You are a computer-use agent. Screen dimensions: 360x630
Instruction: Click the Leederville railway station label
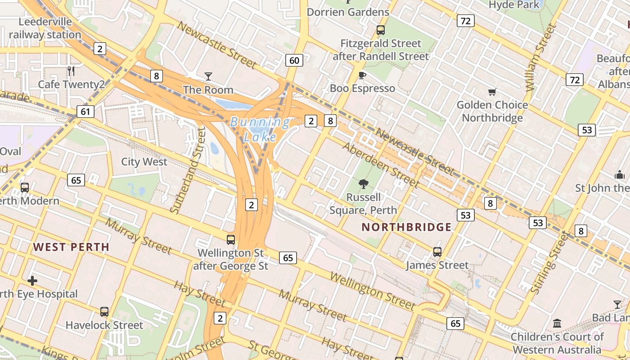click(x=45, y=28)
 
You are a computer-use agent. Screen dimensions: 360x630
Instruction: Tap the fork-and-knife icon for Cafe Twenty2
click(x=71, y=71)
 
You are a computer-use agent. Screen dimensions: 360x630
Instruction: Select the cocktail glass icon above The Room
click(x=208, y=76)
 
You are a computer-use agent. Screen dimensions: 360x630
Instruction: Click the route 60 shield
click(x=294, y=60)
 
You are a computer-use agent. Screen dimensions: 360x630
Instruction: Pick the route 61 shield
click(x=85, y=111)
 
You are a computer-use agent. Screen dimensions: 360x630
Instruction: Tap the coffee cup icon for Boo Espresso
click(x=362, y=75)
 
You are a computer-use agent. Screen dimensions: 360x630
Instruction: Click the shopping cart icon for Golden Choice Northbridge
click(x=492, y=92)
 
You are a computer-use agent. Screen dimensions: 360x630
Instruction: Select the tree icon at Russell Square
click(x=363, y=184)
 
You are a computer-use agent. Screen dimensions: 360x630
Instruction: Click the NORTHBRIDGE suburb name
click(x=406, y=227)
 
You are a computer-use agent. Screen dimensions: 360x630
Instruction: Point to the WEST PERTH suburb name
click(x=71, y=247)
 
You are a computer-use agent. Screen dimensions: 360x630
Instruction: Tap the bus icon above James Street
click(x=437, y=252)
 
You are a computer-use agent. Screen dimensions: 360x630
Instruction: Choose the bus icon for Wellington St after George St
click(x=231, y=239)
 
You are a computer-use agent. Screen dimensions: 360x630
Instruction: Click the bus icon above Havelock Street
click(x=104, y=311)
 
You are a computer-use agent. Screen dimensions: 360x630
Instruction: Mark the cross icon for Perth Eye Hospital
click(x=32, y=281)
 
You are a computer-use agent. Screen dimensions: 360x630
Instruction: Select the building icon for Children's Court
click(x=557, y=323)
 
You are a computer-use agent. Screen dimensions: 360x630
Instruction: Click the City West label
click(x=144, y=162)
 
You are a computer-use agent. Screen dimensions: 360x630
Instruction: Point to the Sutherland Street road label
click(x=189, y=170)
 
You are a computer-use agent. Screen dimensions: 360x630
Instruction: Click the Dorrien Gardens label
click(x=348, y=12)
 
